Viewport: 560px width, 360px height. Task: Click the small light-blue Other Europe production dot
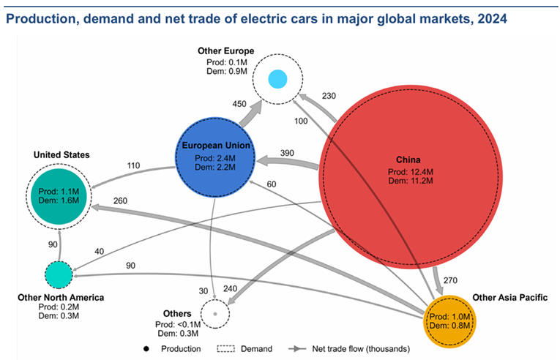point(277,78)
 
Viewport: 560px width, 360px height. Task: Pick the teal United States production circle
point(59,194)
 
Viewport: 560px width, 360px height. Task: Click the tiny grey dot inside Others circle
point(214,313)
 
